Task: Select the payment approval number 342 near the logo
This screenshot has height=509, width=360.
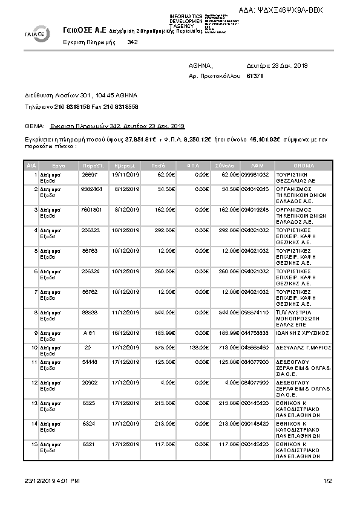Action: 133,43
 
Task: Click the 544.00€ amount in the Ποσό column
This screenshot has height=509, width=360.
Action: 163,312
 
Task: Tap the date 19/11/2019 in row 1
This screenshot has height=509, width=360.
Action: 125,174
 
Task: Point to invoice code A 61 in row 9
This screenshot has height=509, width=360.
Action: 90,333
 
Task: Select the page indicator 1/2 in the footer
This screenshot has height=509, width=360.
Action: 328,481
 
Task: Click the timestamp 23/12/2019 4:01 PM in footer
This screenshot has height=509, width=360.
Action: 53,481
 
